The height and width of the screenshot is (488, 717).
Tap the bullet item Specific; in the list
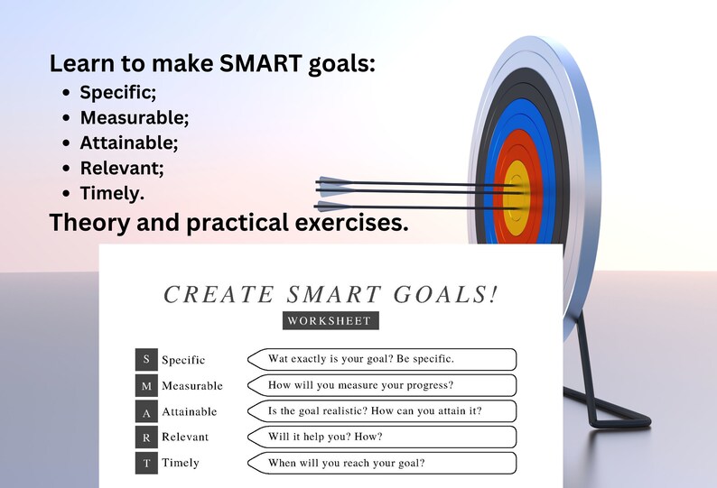pos(117,92)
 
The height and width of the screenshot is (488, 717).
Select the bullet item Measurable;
pos(135,117)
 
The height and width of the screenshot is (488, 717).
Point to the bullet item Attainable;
pos(129,143)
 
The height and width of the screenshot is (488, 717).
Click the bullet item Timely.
pos(112,193)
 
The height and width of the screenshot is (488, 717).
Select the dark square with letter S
pos(146,360)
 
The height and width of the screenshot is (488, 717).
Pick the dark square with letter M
pos(146,386)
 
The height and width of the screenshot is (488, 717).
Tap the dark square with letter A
pos(146,411)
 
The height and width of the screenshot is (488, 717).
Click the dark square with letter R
pos(146,437)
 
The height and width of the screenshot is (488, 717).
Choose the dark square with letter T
pos(146,463)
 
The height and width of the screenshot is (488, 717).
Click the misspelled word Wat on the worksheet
pos(279,359)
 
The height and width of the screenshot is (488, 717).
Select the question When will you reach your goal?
pos(347,464)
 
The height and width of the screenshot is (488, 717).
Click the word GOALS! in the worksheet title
pos(446,295)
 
